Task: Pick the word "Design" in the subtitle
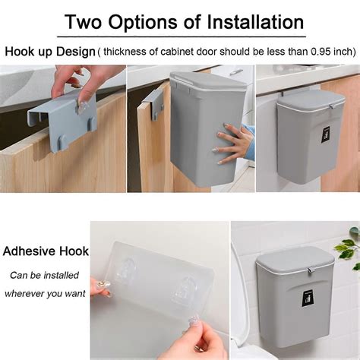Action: click(77, 52)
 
